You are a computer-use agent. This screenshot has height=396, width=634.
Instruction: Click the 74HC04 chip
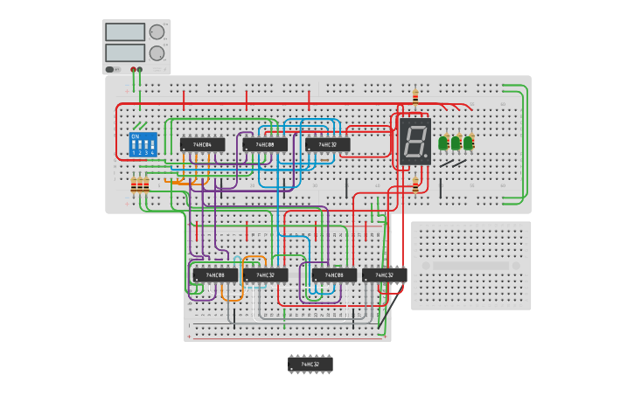point(202,145)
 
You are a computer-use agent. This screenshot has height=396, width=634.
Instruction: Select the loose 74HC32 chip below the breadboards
point(310,364)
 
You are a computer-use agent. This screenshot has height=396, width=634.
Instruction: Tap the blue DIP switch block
point(143,145)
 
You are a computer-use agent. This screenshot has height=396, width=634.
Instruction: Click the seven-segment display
point(415,141)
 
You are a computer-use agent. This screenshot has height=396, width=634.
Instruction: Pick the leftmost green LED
point(444,142)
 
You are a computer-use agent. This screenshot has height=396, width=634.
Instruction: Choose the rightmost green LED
point(469,142)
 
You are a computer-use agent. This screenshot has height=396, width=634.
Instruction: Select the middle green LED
point(456,142)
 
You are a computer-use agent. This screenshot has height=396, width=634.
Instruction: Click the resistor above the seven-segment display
point(415,97)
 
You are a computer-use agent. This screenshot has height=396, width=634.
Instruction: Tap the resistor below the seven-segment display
point(415,184)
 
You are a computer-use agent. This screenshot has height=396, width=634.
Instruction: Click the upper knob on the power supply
point(157,32)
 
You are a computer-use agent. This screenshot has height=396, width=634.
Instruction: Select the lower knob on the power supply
point(157,52)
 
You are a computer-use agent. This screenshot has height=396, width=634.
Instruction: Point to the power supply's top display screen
point(124,32)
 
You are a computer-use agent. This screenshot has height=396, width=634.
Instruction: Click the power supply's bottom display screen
point(124,52)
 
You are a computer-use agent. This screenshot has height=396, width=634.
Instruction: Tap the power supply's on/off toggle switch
point(111,69)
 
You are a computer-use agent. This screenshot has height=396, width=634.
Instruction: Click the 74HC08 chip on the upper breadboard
point(265,145)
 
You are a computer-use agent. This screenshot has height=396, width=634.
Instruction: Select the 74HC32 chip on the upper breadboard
point(328,145)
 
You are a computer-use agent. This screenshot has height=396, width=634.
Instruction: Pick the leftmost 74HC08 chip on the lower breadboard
point(215,275)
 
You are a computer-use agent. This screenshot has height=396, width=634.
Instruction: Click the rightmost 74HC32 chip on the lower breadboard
point(385,275)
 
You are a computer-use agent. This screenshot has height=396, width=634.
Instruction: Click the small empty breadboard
point(470,265)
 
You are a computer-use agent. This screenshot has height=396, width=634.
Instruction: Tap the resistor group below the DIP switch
point(139,185)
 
